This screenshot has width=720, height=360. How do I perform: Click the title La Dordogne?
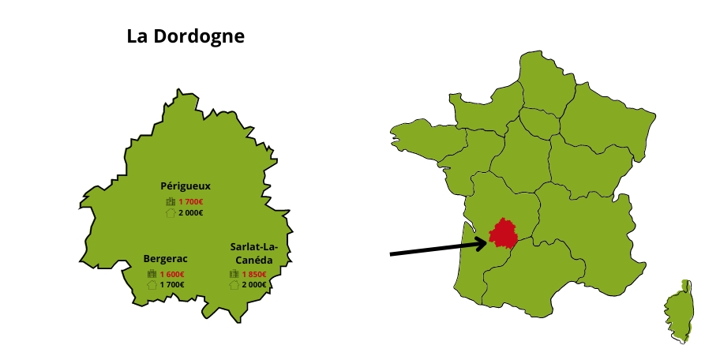pyautogui.click(x=186, y=36)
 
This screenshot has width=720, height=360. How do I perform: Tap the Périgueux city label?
pyautogui.click(x=186, y=186)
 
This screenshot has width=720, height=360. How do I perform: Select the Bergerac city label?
pyautogui.click(x=165, y=258)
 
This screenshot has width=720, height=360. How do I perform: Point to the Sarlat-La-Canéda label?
pyautogui.click(x=254, y=253)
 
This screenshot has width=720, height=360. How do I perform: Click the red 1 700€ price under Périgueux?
pyautogui.click(x=191, y=202)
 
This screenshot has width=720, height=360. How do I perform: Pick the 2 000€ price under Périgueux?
pyautogui.click(x=191, y=212)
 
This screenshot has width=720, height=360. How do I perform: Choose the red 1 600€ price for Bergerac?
pyautogui.click(x=172, y=274)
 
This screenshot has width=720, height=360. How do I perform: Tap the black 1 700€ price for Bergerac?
pyautogui.click(x=172, y=284)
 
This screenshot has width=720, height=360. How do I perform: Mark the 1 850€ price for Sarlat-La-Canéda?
pyautogui.click(x=254, y=274)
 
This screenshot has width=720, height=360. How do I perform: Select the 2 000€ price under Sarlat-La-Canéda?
pyautogui.click(x=254, y=284)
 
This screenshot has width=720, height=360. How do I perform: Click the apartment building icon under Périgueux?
pyautogui.click(x=170, y=202)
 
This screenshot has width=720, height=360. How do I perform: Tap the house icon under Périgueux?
pyautogui.click(x=170, y=212)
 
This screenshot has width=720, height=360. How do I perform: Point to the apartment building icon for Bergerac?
pyautogui.click(x=152, y=274)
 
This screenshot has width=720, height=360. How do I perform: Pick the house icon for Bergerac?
pyautogui.click(x=152, y=284)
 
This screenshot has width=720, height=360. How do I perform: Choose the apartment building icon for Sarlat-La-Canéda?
pyautogui.click(x=234, y=274)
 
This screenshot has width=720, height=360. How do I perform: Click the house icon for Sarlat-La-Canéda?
pyautogui.click(x=234, y=284)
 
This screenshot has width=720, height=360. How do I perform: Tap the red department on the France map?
pyautogui.click(x=505, y=234)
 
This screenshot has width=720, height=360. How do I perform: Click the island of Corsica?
pyautogui.click(x=677, y=312)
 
